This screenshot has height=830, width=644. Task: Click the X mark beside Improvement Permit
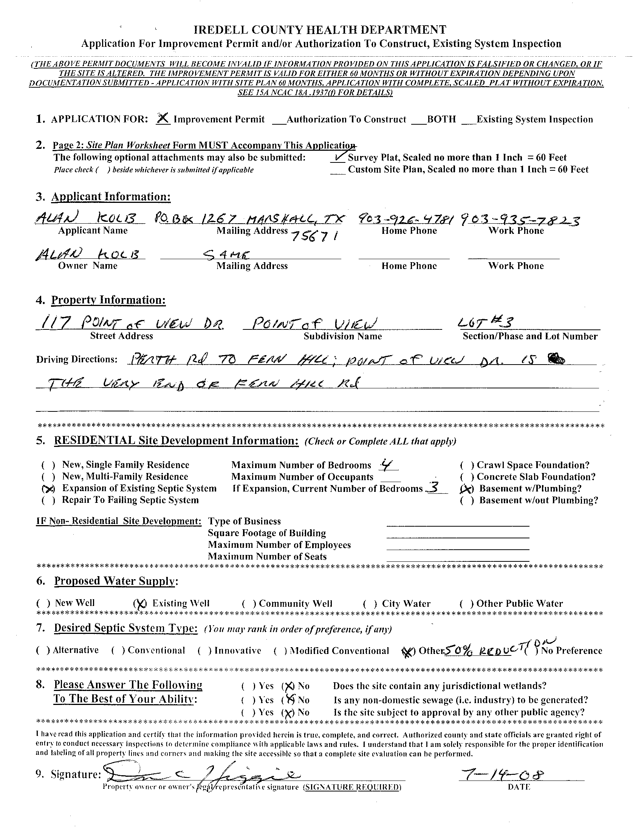click(163, 119)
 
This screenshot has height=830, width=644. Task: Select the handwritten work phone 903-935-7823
click(520, 220)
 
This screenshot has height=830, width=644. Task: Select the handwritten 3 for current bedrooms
click(433, 488)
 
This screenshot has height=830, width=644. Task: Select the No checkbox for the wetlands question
click(289, 686)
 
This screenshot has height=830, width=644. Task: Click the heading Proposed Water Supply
click(116, 581)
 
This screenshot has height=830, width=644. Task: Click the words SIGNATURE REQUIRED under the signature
click(351, 787)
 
